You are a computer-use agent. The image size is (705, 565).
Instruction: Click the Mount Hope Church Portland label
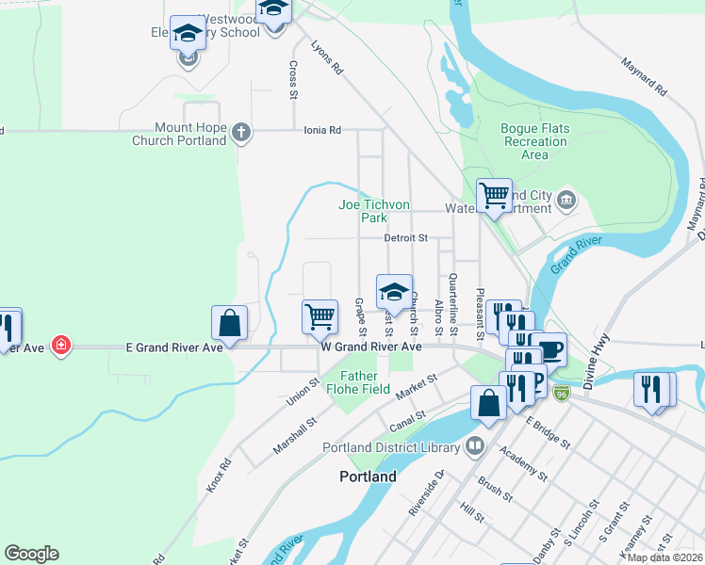[x=191, y=134]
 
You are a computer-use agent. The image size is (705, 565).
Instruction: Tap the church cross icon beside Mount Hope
[x=241, y=133]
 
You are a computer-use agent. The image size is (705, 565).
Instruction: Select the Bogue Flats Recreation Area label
[x=534, y=141]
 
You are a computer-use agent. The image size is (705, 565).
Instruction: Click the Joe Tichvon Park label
[x=374, y=211]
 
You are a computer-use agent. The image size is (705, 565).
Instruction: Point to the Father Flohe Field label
[x=358, y=381]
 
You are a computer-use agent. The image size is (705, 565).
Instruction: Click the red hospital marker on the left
[x=61, y=346]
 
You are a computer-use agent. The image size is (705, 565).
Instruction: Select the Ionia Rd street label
[x=321, y=130]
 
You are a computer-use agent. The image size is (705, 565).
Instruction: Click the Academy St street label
[x=525, y=462]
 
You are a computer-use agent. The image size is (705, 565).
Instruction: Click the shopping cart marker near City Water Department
[x=494, y=196]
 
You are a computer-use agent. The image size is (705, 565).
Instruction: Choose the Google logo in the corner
[x=31, y=554]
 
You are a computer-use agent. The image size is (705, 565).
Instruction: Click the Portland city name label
[x=368, y=476]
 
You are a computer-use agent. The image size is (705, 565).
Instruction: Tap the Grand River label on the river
[x=577, y=249]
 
